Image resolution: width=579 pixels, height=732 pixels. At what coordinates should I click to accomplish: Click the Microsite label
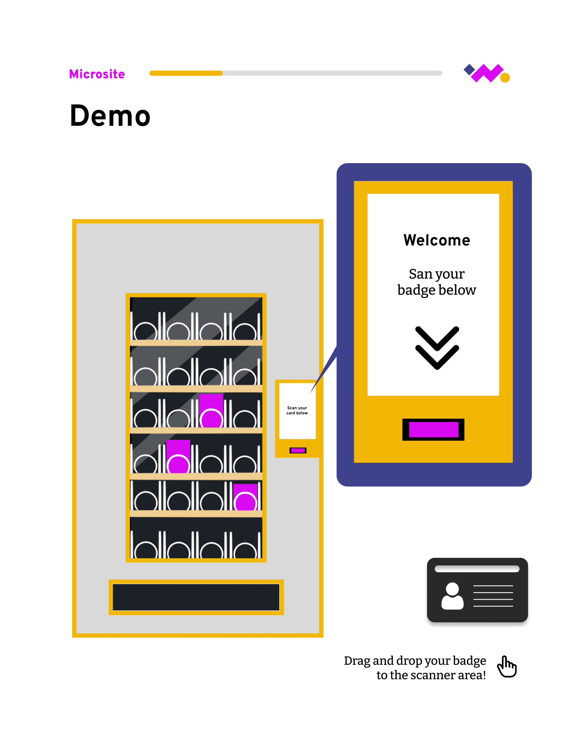click(97, 74)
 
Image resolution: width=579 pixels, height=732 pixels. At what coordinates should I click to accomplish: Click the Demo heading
click(110, 116)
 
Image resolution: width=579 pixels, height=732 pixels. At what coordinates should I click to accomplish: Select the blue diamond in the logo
click(469, 69)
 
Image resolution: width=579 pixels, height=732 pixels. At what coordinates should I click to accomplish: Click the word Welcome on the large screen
click(437, 240)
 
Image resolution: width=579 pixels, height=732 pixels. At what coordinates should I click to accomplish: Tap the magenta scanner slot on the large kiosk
click(434, 430)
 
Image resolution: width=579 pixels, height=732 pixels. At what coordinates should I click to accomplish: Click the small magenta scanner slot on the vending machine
click(298, 450)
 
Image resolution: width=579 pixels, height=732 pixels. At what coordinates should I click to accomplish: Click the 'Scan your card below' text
click(297, 410)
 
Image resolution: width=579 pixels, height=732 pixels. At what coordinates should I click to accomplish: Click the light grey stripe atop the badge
click(477, 569)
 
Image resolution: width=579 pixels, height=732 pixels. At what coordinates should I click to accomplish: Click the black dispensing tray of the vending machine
click(196, 597)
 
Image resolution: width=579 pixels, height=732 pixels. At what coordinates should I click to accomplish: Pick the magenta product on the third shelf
click(211, 411)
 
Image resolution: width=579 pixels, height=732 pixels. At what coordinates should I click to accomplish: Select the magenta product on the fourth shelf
click(178, 457)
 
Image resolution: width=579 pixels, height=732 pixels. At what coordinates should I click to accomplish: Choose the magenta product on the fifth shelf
click(245, 497)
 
